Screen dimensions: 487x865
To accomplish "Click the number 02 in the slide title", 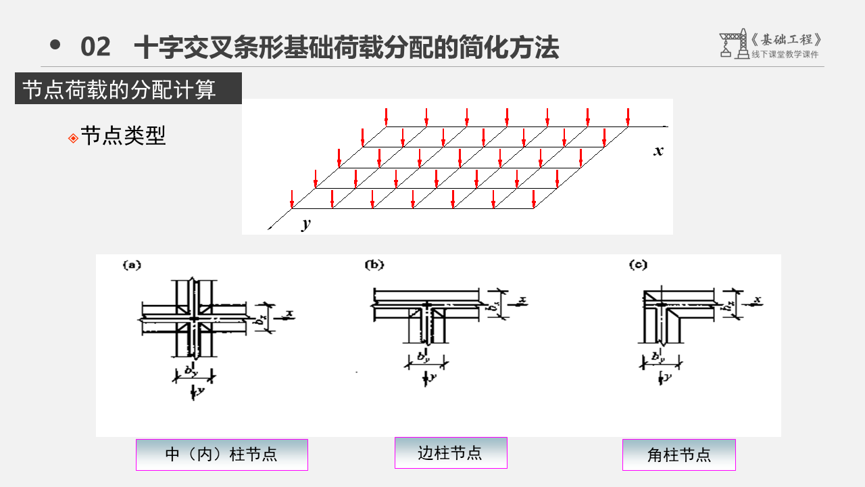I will pos(95,47).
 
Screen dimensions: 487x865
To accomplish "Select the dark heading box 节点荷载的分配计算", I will pos(128,89).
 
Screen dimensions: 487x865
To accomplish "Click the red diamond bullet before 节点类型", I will pos(73,138).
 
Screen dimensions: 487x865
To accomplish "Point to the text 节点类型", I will pos(123,136).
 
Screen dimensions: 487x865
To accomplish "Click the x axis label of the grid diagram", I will pos(658,151).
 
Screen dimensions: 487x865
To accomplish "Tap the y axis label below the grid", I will pos(306,224).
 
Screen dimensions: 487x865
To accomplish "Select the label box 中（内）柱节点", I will pos(222,455).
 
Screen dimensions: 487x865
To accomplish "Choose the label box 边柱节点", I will pos(451,453).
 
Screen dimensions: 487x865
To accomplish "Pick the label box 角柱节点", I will pos(678,455).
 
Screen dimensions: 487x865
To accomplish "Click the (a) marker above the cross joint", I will pos(131,265).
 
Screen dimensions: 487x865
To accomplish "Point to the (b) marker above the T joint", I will pos(374,265).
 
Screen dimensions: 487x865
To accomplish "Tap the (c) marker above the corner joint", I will pos(638,265).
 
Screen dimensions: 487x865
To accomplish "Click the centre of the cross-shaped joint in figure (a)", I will pos(194,317).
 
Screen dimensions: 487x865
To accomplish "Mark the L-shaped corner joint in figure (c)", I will pos(676,315).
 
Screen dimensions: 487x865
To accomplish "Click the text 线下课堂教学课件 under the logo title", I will pos(785,55).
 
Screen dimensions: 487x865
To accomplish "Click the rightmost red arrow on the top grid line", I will pos(628,117).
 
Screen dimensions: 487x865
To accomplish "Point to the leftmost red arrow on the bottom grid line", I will pos(292,200).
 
